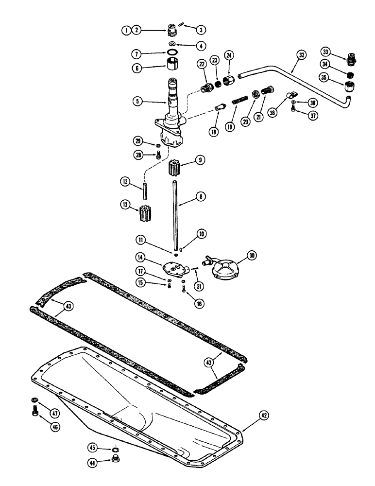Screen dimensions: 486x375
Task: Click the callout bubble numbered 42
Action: point(264,415)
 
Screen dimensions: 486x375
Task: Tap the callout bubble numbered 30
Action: point(253,255)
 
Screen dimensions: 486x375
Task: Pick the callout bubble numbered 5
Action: point(138,102)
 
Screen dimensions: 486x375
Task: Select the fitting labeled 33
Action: point(348,61)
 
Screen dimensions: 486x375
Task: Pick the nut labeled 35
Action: point(349,88)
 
